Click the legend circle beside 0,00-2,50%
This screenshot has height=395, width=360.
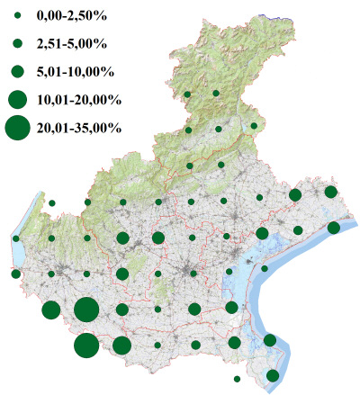17,16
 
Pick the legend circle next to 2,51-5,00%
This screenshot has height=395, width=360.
17,43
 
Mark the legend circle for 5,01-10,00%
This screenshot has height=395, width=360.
17,71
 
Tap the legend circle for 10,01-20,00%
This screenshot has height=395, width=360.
17,99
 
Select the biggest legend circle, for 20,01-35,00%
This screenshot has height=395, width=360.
17,129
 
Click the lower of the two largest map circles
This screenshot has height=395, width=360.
86,346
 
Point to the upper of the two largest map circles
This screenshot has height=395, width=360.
86,310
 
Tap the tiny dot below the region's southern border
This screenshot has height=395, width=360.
236,379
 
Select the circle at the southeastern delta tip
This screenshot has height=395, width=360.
273,375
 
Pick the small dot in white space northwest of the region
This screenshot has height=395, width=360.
52,203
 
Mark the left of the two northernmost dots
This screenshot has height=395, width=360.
187,94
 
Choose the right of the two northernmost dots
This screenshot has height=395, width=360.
217,94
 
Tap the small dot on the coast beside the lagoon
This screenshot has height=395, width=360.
265,268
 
